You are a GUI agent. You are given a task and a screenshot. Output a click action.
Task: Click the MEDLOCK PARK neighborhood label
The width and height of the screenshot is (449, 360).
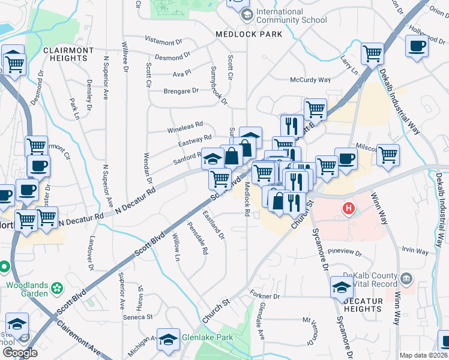(249, 34)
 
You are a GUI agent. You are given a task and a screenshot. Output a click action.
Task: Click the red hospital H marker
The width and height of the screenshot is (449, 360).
(348, 209)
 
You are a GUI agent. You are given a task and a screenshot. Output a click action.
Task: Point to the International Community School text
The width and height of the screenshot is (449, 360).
(292, 16)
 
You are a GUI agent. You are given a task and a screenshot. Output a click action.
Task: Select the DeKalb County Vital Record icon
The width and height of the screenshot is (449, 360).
(406, 278)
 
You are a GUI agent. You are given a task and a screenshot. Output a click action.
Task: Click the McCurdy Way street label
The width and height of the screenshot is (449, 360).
(310, 80)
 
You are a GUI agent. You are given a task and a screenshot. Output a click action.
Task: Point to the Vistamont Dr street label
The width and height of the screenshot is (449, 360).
(164, 43)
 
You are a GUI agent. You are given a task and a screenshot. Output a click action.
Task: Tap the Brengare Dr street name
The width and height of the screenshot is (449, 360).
(181, 91)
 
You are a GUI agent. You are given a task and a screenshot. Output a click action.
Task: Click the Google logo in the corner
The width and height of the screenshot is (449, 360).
(20, 353)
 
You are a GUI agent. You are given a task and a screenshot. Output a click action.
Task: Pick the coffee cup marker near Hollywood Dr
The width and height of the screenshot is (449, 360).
(417, 46)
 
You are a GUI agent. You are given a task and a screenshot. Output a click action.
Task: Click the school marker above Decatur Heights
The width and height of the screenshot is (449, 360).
(341, 287)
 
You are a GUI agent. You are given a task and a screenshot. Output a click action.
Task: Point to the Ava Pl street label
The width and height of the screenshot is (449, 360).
(181, 73)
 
